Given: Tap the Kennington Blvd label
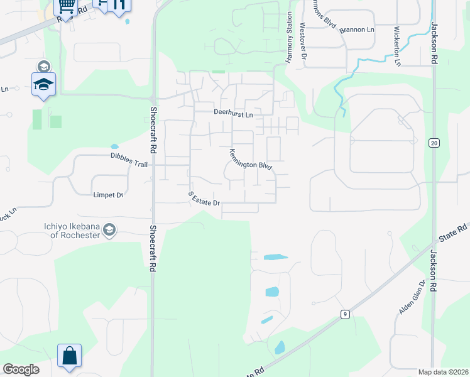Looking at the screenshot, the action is point(249,160).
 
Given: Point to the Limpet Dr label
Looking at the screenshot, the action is point(107,195).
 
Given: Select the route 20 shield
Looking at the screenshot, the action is point(434,143).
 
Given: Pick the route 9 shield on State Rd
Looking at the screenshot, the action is point(345,314).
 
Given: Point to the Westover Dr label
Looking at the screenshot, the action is point(303,41).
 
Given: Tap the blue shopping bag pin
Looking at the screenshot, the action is point(69,356).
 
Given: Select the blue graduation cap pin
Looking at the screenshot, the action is point(43,85).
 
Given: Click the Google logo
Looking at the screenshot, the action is point(21,369).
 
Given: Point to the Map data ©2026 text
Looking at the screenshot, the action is point(444,372).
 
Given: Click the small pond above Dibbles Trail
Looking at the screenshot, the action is point(114,147).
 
